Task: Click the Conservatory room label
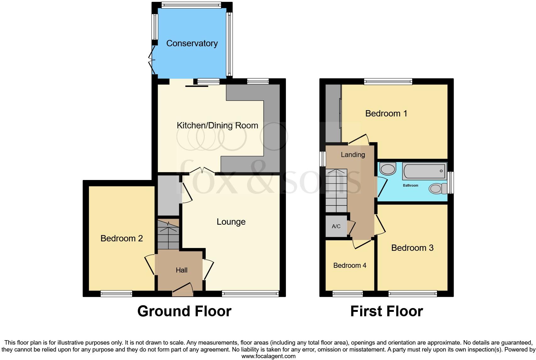tap(192, 43)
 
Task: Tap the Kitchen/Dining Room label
tap(217, 126)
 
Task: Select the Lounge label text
tap(231, 222)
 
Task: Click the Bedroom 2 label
tap(121, 239)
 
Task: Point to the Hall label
tap(181, 270)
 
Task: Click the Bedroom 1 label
tap(386, 113)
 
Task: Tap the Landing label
tap(353, 155)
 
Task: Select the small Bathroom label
tap(410, 185)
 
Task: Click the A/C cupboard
tap(336, 226)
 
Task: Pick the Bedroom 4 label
tap(349, 265)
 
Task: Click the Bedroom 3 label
tap(412, 248)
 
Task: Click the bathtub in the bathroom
tap(424, 171)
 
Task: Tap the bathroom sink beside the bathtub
tap(388, 169)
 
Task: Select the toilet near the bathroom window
tap(438, 188)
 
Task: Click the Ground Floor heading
tap(184, 311)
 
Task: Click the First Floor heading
tap(386, 311)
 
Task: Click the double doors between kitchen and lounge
tap(202, 172)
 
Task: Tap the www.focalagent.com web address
tap(268, 356)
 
